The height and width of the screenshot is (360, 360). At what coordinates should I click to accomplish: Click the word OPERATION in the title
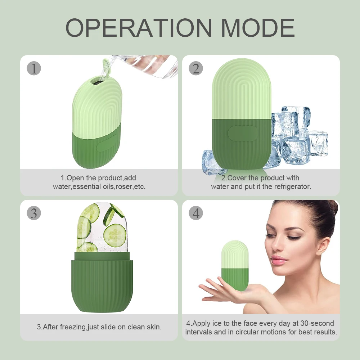[x=139, y=27]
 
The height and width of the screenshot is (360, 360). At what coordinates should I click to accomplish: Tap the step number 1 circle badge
[x=34, y=68]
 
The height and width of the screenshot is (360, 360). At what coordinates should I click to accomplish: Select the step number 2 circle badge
[x=195, y=68]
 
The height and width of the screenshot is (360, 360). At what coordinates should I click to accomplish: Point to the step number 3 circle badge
[x=34, y=213]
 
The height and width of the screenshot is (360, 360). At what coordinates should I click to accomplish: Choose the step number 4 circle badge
[x=195, y=213]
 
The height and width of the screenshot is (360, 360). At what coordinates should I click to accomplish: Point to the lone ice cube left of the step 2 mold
[x=212, y=162]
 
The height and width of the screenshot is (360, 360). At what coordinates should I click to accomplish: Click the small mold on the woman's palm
[x=235, y=265]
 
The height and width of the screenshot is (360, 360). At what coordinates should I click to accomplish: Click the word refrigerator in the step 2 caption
[x=292, y=186]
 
